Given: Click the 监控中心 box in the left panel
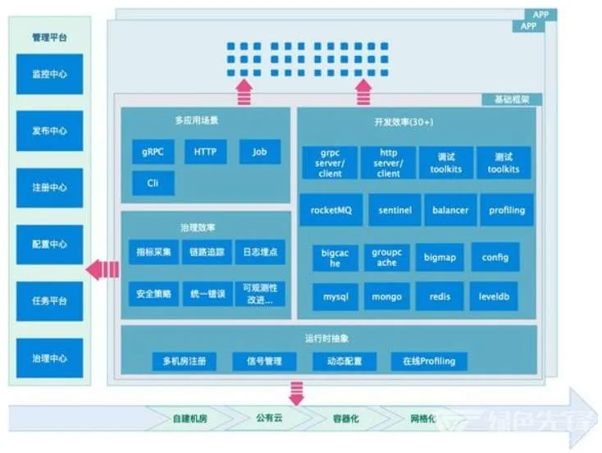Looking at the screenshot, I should (50, 74).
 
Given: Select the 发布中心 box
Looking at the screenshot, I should (50, 130).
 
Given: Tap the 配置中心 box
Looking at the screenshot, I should (50, 245).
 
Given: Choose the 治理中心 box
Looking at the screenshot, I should (50, 358).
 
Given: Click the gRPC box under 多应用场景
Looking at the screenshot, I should (153, 152).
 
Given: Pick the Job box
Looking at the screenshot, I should (260, 152).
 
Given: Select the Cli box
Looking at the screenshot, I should (153, 183).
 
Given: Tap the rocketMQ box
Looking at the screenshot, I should (331, 210).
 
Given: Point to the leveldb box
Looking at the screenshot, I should (495, 296).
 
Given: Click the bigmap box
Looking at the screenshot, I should (440, 257).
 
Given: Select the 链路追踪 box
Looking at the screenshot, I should (207, 252).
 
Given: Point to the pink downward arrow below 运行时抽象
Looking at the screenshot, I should (296, 392).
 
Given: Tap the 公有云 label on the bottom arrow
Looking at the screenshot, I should (267, 418).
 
